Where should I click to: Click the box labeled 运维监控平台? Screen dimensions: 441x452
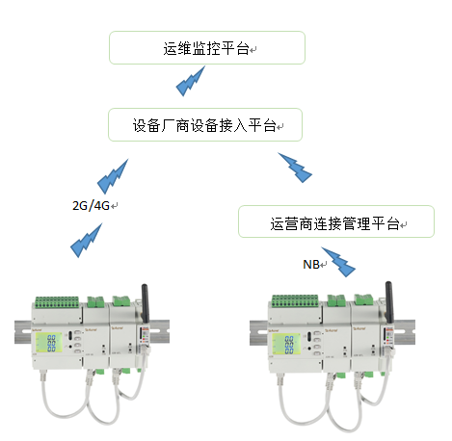point(207,47)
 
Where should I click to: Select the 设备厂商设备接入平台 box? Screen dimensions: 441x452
point(207,125)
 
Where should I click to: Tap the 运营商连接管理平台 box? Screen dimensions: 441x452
point(335,222)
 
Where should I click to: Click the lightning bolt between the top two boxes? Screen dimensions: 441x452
point(191,85)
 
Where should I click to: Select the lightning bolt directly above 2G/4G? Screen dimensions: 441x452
point(113,174)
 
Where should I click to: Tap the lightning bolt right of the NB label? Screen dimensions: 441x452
point(339,265)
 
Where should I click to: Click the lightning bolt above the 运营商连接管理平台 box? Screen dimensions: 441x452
point(294,168)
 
